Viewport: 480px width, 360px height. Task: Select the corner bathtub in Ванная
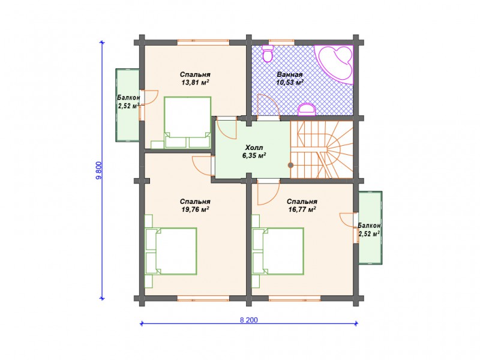(336, 63)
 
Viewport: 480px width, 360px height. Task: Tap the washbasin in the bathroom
(307, 110)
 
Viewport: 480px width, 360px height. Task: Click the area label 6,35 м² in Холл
(254, 155)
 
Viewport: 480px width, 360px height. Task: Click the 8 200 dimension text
(248, 320)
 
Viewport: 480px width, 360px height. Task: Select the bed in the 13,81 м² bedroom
(187, 123)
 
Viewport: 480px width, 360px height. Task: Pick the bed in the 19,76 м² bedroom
(171, 251)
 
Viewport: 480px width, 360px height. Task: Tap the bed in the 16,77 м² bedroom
(278, 251)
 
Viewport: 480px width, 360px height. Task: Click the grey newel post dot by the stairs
(290, 166)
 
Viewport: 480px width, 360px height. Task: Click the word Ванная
(290, 74)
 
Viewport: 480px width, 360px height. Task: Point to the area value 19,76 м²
(194, 209)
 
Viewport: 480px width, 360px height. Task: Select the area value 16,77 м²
(302, 209)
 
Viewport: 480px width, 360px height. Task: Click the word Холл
(254, 148)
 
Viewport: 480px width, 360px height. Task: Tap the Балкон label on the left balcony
(128, 98)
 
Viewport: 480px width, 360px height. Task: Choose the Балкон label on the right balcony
(369, 226)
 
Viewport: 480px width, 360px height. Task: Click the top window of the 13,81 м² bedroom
(203, 42)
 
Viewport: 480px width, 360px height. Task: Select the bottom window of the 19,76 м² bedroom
(203, 298)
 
